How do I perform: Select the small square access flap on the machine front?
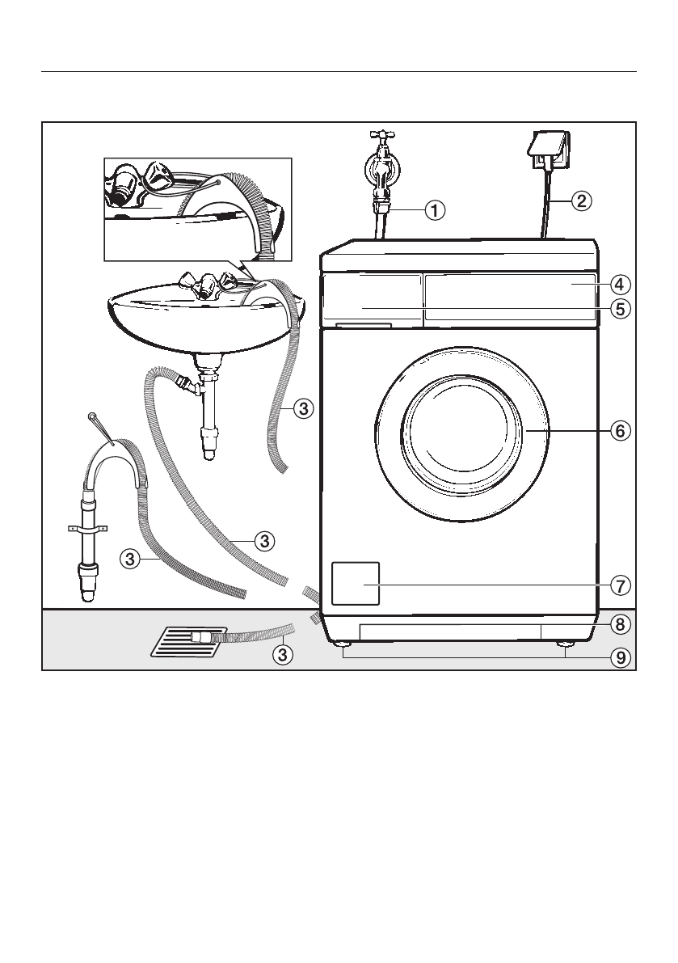point(355,582)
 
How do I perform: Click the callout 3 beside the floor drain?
point(282,655)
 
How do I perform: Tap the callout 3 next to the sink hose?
point(302,409)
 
